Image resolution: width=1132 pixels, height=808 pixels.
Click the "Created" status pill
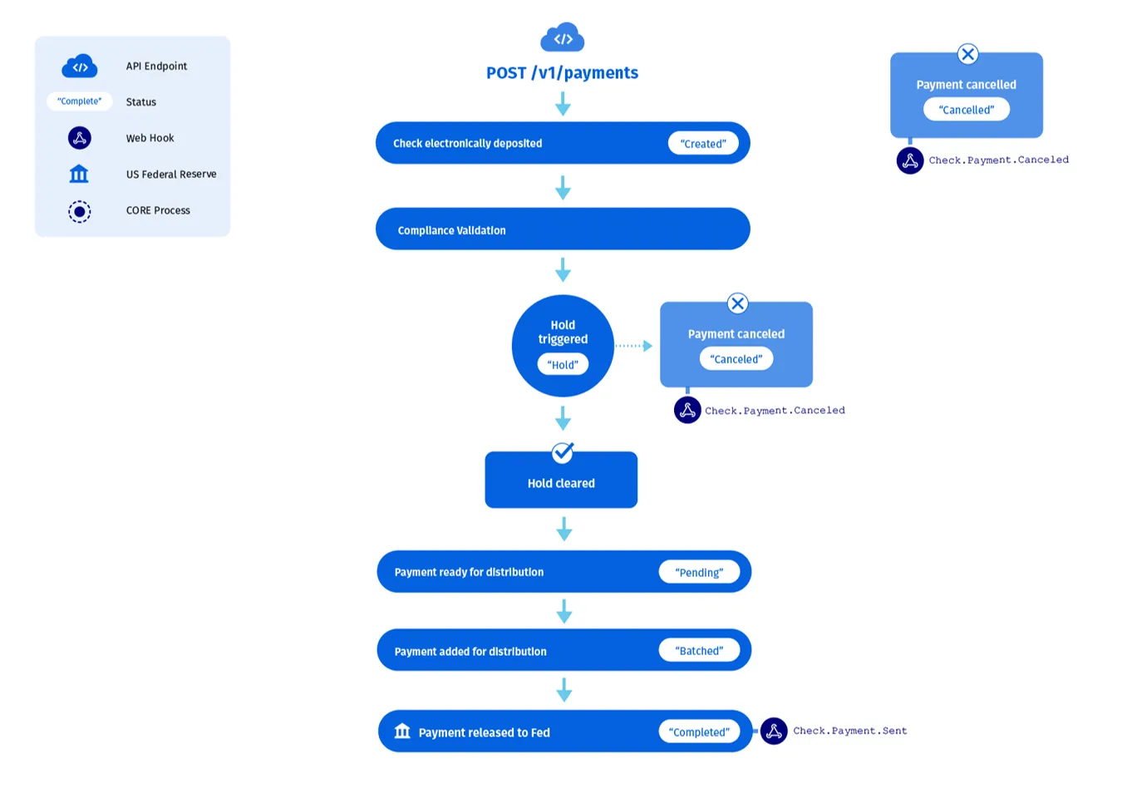tap(703, 144)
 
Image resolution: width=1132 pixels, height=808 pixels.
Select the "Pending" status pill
tap(699, 572)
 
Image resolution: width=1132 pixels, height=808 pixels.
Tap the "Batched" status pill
tap(699, 650)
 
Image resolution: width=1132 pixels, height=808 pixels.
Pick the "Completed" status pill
tap(699, 732)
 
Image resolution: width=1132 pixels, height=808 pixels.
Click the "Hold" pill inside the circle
tap(563, 364)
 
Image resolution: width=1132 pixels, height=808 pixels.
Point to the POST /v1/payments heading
tap(562, 73)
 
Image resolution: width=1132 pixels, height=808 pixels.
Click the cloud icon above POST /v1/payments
tap(563, 37)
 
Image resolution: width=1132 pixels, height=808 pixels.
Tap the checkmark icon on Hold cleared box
tap(563, 453)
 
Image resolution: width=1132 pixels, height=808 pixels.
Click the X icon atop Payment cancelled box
tap(967, 54)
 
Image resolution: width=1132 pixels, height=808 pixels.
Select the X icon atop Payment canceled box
tap(737, 303)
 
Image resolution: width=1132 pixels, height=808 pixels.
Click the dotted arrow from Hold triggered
tap(633, 346)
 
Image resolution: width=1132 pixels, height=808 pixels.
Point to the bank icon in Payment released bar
tap(402, 731)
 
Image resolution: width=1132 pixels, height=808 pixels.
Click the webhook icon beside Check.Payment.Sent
tap(774, 732)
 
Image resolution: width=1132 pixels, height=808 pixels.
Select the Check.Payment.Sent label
tap(849, 731)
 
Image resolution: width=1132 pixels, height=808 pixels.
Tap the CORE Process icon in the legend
tap(79, 211)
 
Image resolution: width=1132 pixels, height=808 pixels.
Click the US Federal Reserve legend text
tap(171, 175)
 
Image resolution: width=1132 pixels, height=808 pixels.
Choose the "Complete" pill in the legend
tap(79, 101)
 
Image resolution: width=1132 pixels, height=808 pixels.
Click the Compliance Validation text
tap(452, 230)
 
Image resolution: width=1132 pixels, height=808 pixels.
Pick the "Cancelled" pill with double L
tap(967, 110)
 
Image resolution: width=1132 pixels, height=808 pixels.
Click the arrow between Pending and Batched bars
tap(564, 611)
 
